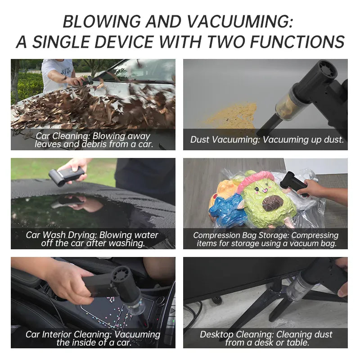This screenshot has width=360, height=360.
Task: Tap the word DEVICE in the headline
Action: [x=124, y=42]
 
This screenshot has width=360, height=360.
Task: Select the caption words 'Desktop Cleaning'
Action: [x=236, y=334]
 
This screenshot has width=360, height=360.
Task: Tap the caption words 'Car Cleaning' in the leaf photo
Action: [x=61, y=136]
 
